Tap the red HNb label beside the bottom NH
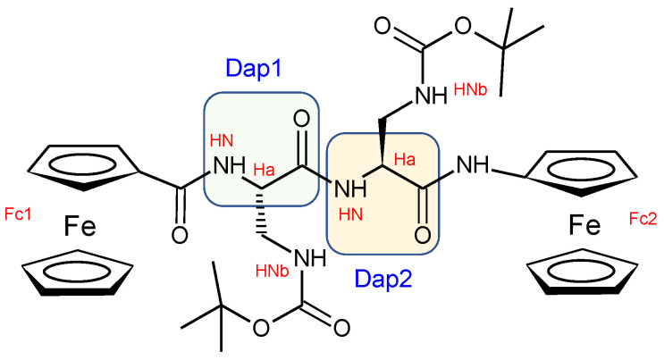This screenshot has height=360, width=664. pos(271,269)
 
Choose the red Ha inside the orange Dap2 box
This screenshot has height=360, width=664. pos(405,158)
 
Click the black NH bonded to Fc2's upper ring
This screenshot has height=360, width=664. pos(474,163)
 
